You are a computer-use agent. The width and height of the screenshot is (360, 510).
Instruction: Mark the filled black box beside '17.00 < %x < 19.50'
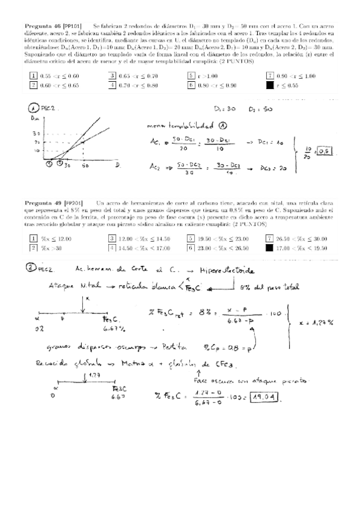269,247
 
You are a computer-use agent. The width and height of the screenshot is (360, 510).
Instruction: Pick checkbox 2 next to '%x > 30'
34,247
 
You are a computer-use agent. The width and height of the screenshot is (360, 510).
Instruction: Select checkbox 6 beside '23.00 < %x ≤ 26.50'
191,247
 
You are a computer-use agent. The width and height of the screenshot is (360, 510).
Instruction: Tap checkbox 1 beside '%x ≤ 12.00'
34,238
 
